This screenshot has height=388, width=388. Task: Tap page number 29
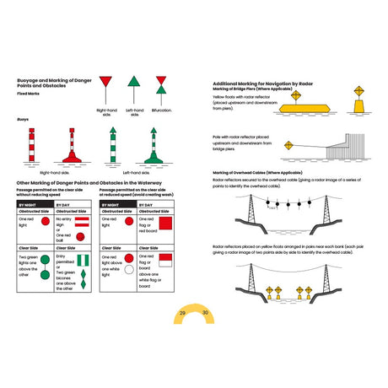click(x=182, y=313)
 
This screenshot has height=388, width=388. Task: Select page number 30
click(x=205, y=313)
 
